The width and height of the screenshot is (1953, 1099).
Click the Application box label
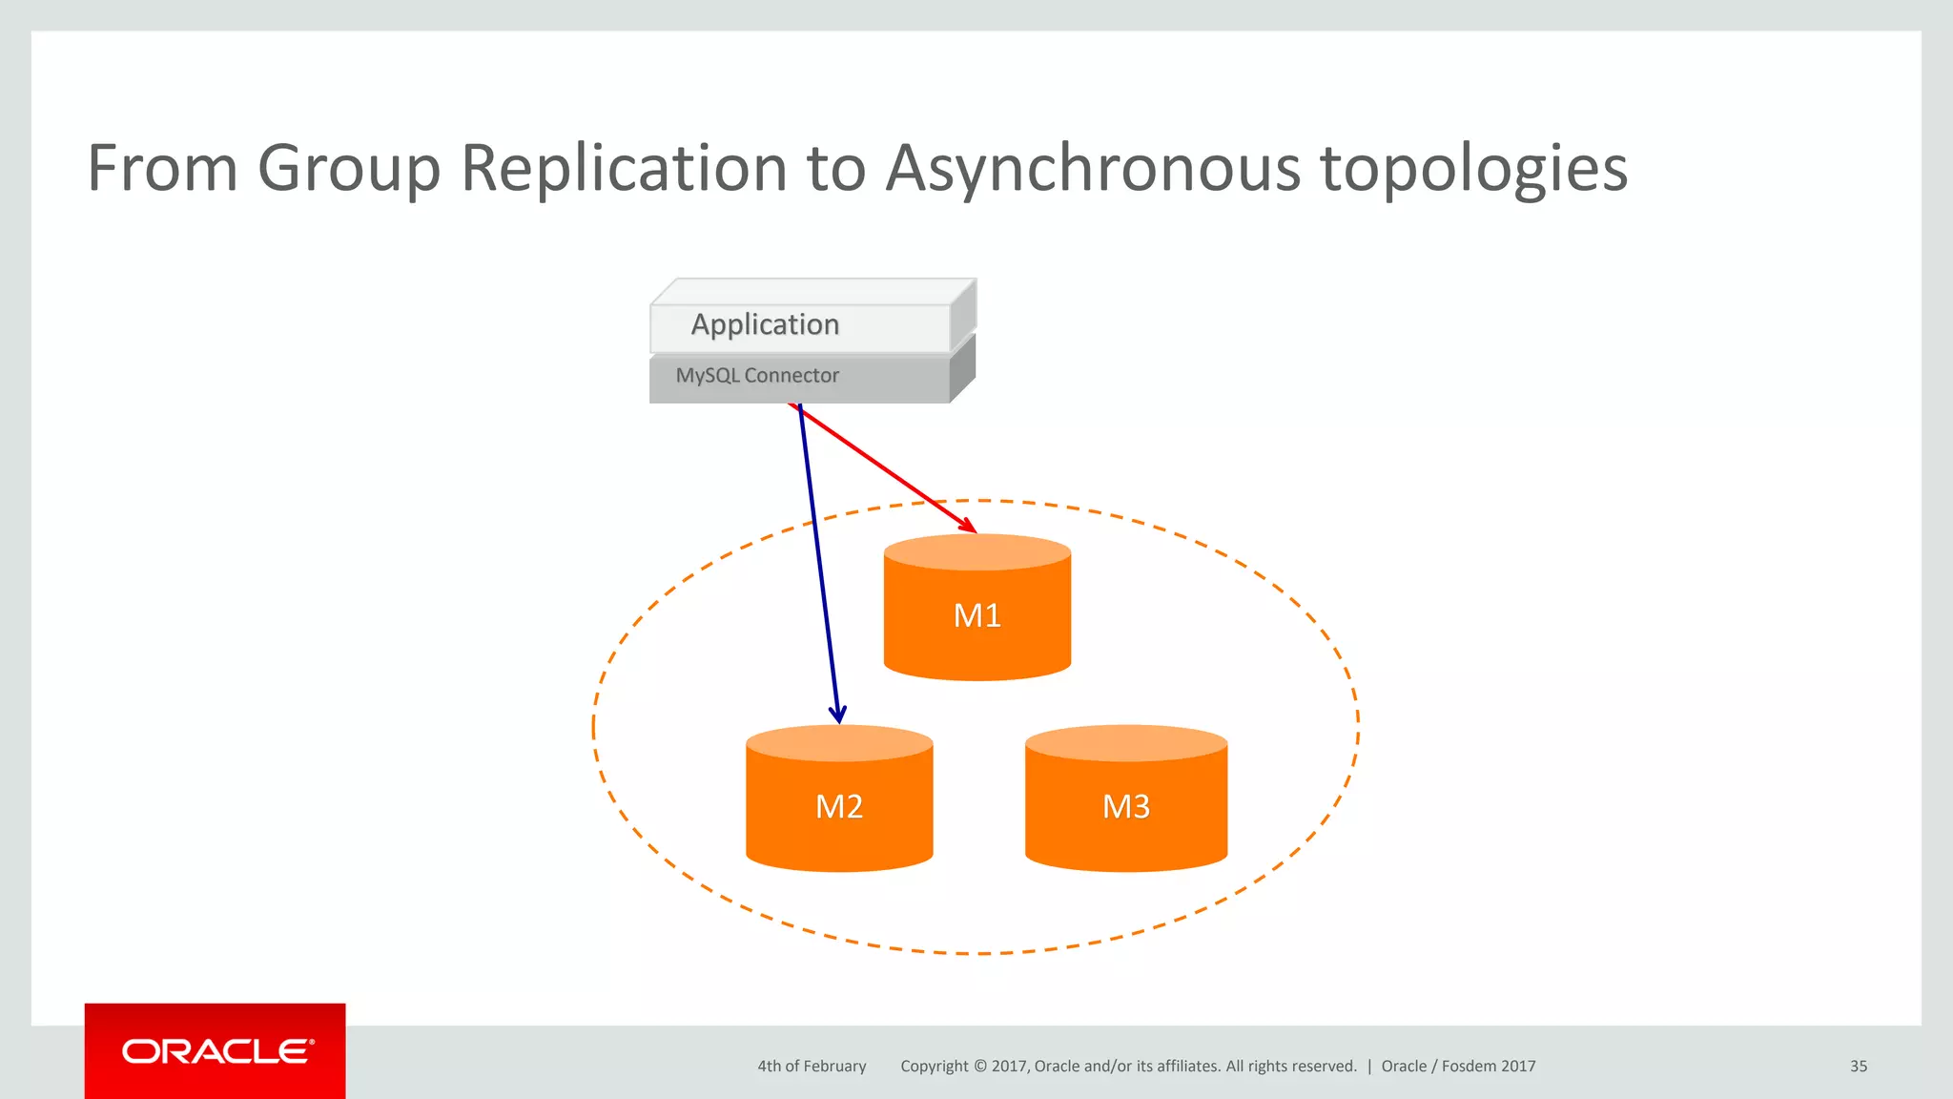click(x=765, y=324)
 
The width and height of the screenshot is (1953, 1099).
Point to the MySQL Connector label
click(x=757, y=376)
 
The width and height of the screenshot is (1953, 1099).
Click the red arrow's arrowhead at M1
click(x=969, y=526)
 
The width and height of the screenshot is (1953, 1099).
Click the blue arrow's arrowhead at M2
click(x=837, y=714)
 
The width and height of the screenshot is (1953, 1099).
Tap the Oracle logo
click(x=216, y=1051)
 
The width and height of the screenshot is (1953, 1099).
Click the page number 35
click(x=1858, y=1067)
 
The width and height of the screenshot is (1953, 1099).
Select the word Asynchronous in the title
click(x=1093, y=168)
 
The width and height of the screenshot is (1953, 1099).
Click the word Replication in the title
click(x=625, y=168)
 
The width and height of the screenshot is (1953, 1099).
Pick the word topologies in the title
click(x=1473, y=170)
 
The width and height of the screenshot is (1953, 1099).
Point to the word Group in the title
click(x=349, y=168)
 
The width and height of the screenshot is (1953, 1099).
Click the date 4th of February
click(x=812, y=1067)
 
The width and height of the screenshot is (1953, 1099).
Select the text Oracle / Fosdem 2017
click(x=1458, y=1067)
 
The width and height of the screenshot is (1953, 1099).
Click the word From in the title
click(x=162, y=168)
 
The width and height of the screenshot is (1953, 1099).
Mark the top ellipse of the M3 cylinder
click(x=1126, y=743)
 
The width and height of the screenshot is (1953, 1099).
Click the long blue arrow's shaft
click(x=818, y=563)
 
